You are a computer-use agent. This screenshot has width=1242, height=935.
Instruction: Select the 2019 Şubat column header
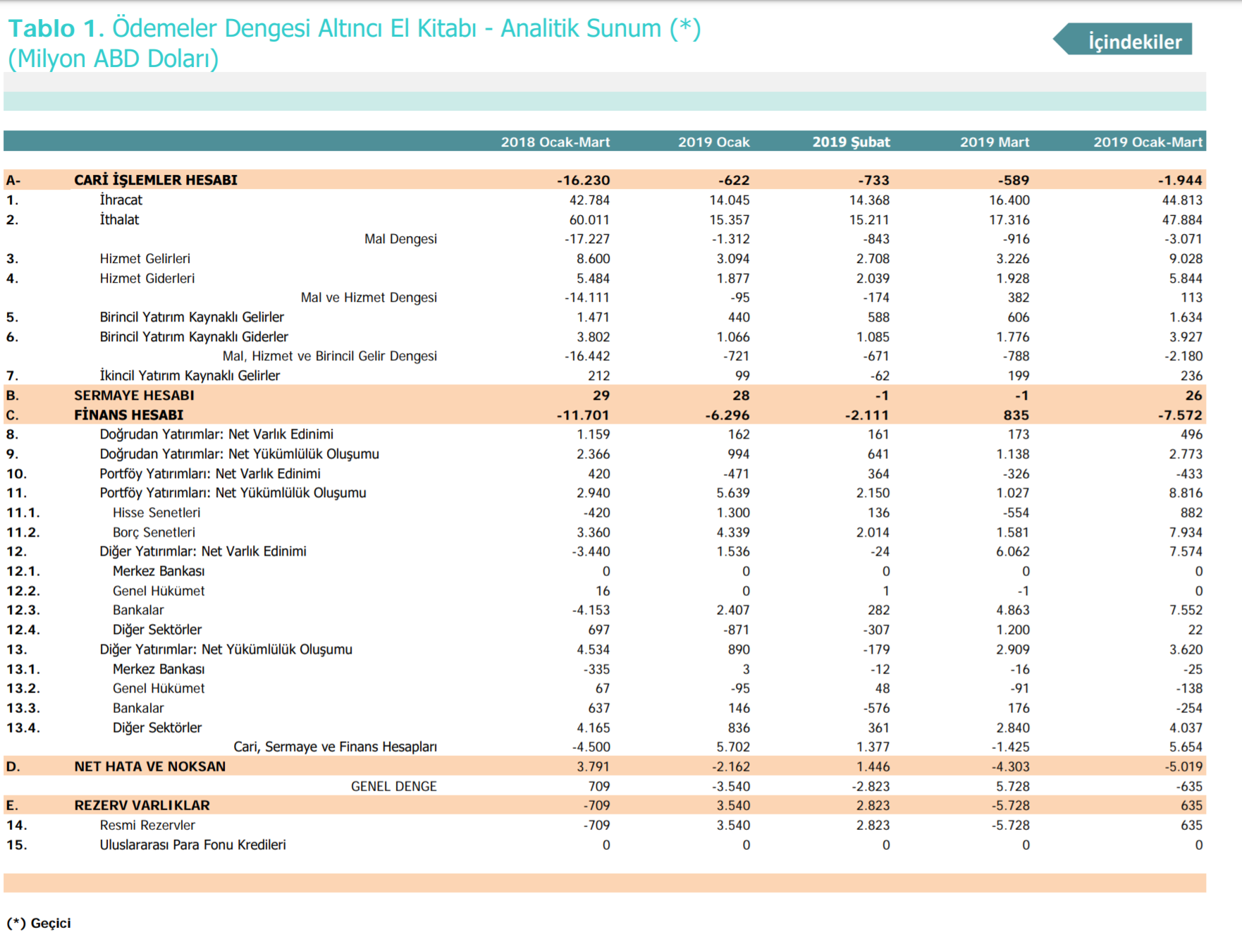click(851, 142)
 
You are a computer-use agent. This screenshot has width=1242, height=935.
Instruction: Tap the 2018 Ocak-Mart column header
click(555, 142)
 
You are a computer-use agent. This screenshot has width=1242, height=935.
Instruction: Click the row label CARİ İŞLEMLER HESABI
click(156, 180)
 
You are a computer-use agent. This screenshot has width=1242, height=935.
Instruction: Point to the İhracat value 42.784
click(589, 200)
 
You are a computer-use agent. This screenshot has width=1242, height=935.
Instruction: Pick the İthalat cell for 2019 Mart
click(1009, 220)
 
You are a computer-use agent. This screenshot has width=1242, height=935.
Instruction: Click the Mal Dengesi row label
click(400, 239)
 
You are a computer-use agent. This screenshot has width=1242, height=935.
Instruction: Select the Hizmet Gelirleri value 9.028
click(1186, 259)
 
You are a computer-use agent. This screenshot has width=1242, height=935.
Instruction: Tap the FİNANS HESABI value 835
click(1016, 415)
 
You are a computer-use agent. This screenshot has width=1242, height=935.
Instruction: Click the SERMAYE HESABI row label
click(134, 396)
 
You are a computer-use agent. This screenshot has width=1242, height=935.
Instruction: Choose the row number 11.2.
click(23, 532)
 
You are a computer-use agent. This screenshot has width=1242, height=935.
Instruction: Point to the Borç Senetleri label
click(154, 532)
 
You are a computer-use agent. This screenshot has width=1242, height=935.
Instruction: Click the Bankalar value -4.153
click(591, 610)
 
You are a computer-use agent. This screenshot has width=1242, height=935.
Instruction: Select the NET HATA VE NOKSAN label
click(150, 766)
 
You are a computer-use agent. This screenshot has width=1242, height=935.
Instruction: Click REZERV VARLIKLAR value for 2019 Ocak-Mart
click(1191, 805)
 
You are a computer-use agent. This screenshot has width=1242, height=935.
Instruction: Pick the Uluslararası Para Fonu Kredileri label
click(192, 845)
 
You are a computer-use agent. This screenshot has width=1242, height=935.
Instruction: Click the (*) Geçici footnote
click(39, 923)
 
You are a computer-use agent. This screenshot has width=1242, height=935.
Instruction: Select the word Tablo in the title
click(42, 28)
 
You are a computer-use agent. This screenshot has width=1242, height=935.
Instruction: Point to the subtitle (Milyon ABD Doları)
click(113, 59)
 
